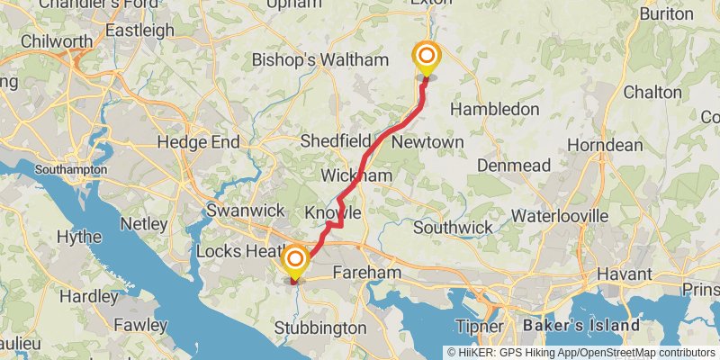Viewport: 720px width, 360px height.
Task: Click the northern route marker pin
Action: [426, 58]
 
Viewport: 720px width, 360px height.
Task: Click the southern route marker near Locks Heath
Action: [294, 262]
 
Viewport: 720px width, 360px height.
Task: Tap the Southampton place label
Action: [71, 169]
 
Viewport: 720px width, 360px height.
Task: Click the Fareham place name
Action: [366, 271]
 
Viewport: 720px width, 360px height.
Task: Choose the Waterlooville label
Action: [559, 216]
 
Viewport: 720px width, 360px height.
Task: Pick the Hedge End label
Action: [198, 142]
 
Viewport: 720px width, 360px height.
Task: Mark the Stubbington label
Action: [319, 328]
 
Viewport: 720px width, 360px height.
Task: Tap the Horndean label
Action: [605, 145]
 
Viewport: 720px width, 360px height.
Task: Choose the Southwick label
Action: [453, 228]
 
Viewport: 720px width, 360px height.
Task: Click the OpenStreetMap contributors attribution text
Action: [644, 352]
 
